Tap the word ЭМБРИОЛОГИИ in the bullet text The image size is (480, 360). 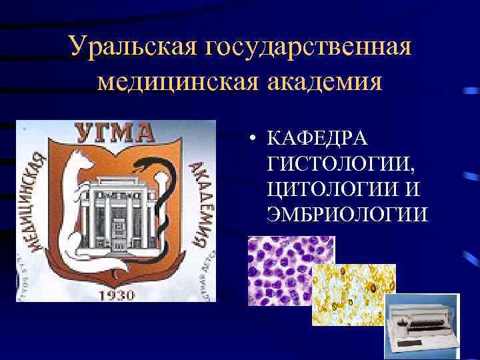[346, 215]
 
